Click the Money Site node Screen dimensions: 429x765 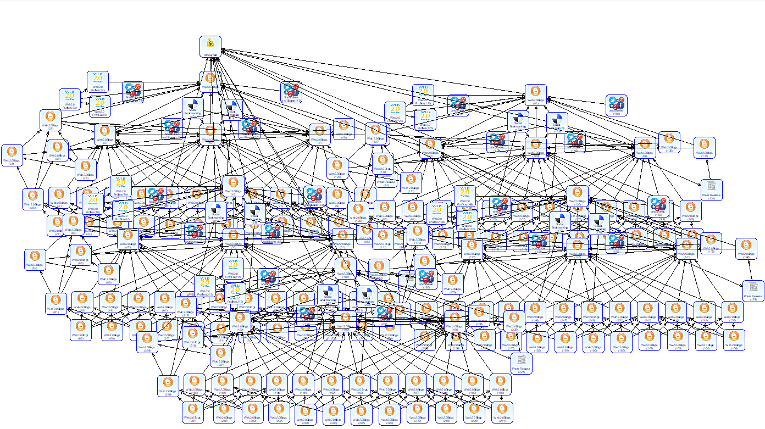[x=210, y=46]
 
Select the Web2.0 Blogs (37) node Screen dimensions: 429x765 [x=51, y=120]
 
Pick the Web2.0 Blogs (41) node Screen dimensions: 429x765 [x=85, y=170]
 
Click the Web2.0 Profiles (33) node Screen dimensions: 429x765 [x=70, y=99]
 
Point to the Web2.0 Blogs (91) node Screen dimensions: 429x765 [x=535, y=95]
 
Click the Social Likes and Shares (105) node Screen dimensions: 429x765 [x=617, y=105]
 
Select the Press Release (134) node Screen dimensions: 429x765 [x=711, y=190]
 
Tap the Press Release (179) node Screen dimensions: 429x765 [x=753, y=291]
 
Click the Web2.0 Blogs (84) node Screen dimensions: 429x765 [x=35, y=259]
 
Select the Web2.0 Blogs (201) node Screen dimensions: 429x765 [x=193, y=413]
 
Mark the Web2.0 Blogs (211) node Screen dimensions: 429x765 [x=502, y=413]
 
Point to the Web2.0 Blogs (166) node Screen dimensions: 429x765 [x=734, y=339]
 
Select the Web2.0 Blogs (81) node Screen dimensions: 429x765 [x=56, y=304]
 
